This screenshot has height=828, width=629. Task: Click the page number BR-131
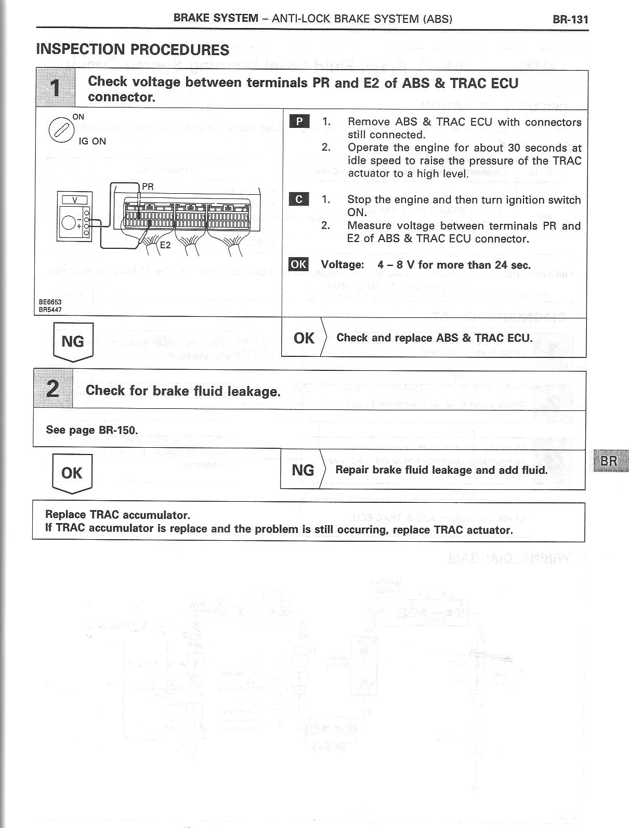(x=570, y=20)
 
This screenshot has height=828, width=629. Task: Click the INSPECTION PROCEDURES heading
(x=133, y=50)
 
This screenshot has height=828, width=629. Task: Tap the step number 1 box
(x=56, y=88)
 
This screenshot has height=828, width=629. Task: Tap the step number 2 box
(x=53, y=389)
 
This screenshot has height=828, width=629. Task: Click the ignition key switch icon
(x=58, y=130)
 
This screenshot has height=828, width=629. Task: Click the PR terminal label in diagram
(x=148, y=186)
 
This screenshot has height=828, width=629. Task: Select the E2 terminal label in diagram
(x=165, y=245)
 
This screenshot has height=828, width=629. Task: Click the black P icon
(x=299, y=122)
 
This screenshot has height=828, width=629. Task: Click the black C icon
(x=299, y=199)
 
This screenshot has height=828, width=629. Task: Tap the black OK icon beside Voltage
(x=298, y=264)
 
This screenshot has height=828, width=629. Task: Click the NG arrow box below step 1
(x=73, y=341)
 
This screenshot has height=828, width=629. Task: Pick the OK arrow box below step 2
(x=72, y=473)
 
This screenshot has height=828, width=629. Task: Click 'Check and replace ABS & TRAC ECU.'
(x=434, y=338)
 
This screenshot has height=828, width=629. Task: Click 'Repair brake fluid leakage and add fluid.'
(x=441, y=470)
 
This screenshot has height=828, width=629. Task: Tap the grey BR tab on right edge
(x=609, y=461)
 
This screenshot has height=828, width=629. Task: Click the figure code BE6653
(x=49, y=302)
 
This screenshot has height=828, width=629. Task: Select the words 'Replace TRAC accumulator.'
(x=117, y=515)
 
